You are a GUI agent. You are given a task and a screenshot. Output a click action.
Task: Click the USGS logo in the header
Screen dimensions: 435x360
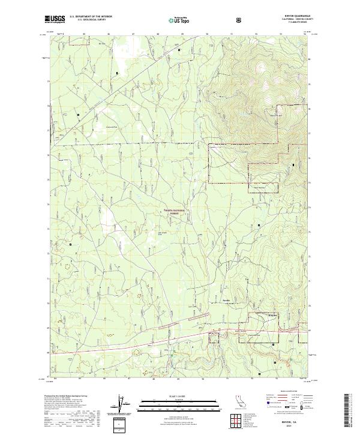tap(56, 20)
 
